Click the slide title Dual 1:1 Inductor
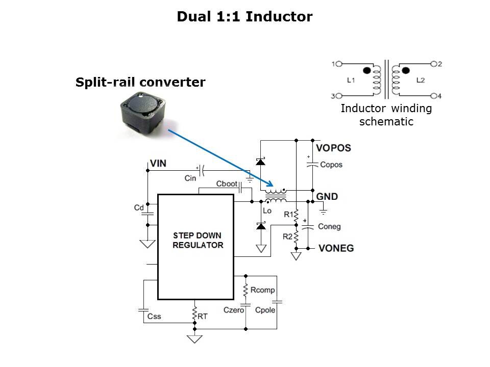pos(244,17)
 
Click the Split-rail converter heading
pos(140,82)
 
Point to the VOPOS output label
pos(333,149)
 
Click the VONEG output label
pos(336,248)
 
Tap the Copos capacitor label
pos(331,165)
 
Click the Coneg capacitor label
pos(329,226)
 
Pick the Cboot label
pos(226,183)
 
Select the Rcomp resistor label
pos(263,290)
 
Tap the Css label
pos(154,317)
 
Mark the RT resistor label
pos(203,317)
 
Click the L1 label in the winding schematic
pos(350,80)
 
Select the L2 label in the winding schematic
pos(420,80)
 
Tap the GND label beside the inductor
pos(327,197)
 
